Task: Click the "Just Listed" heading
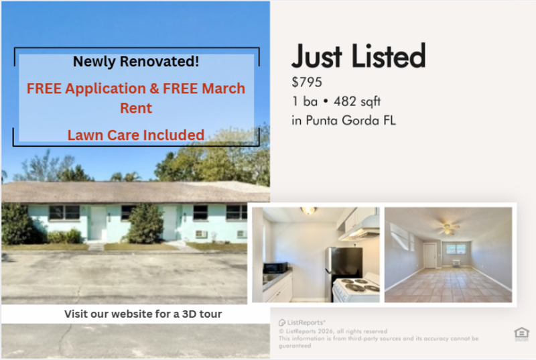pyautogui.click(x=358, y=57)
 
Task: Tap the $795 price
pyautogui.click(x=307, y=83)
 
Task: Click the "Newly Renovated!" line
pyautogui.click(x=136, y=62)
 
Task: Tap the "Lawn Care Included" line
pyautogui.click(x=136, y=135)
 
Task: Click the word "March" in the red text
pyautogui.click(x=222, y=88)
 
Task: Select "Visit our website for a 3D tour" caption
pyautogui.click(x=143, y=314)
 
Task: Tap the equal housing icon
pyautogui.click(x=521, y=333)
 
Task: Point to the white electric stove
pyautogui.click(x=355, y=289)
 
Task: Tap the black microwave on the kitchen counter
pyautogui.click(x=275, y=267)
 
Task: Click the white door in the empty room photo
pyautogui.click(x=429, y=255)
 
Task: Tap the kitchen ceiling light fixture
pyautogui.click(x=309, y=211)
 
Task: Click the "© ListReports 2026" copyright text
pyautogui.click(x=333, y=331)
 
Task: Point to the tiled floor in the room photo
pyautogui.click(x=448, y=285)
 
